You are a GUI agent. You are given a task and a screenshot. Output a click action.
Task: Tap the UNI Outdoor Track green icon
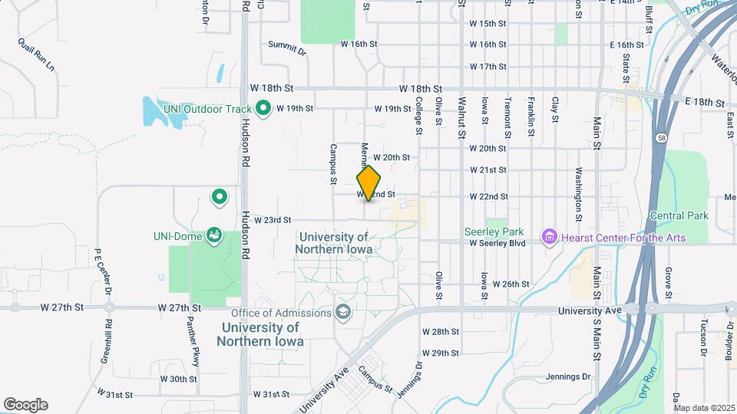[263, 109]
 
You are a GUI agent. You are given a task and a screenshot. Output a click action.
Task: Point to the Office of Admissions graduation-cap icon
[343, 312]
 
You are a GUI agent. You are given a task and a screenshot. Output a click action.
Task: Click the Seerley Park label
[494, 231]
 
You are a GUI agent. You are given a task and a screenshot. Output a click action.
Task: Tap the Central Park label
[678, 216]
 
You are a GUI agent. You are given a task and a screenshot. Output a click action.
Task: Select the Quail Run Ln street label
[37, 54]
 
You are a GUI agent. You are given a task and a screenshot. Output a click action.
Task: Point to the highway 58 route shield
[660, 139]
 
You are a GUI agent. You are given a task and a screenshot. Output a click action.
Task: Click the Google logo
[25, 405]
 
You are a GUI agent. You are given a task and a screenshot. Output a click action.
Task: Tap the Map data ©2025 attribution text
[703, 408]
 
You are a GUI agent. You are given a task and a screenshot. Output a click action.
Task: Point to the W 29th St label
[441, 353]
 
